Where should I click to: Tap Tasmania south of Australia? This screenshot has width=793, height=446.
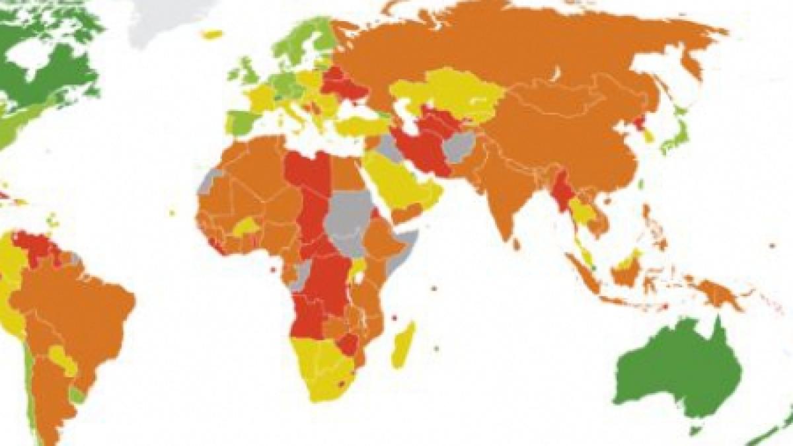click(x=693, y=430)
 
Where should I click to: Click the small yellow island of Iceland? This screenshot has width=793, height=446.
click(x=212, y=34)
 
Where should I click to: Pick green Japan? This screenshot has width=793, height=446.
click(x=675, y=135)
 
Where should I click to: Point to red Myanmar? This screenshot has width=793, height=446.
click(x=564, y=192)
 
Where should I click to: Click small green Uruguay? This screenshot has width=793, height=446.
click(x=78, y=395)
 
